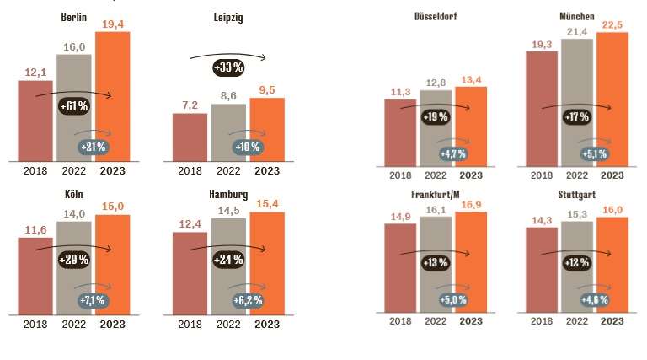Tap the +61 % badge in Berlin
coord(74,106)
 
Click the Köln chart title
coord(73,194)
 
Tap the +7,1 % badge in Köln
coord(93,300)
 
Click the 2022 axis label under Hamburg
coord(228,324)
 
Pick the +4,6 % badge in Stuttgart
coord(595,299)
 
